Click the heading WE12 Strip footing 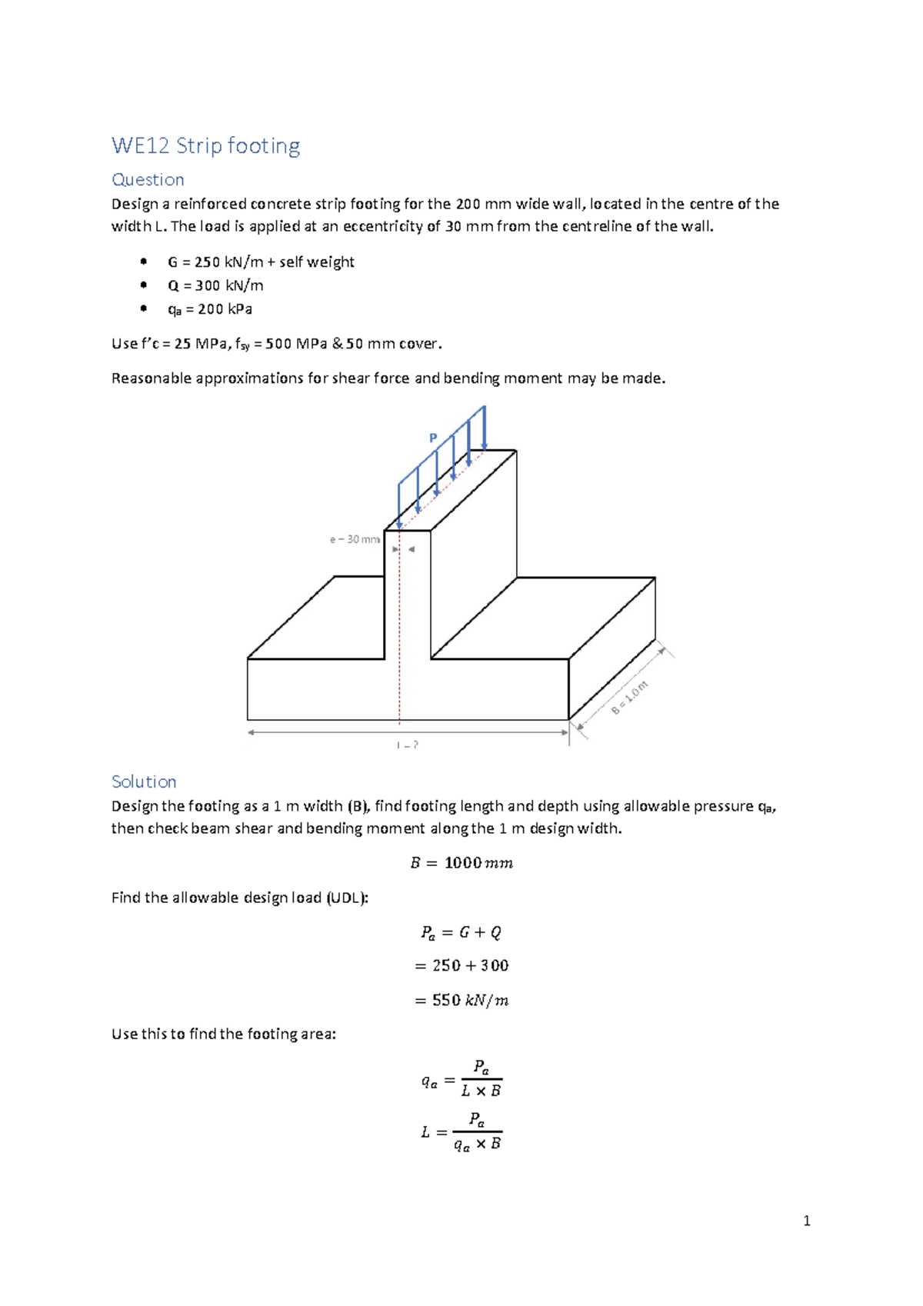click(205, 145)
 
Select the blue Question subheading click(148, 179)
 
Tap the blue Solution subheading click(144, 781)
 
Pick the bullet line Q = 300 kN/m click(215, 285)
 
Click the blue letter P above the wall click(433, 438)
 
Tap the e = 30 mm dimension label click(355, 539)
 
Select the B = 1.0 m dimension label click(630, 698)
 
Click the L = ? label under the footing click(408, 745)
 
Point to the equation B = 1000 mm click(461, 863)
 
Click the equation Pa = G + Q click(461, 932)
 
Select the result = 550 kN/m click(461, 1000)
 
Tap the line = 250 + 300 click(461, 965)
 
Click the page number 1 click(806, 1221)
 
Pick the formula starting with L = click(461, 1131)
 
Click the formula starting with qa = click(461, 1079)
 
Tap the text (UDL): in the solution click(347, 898)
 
